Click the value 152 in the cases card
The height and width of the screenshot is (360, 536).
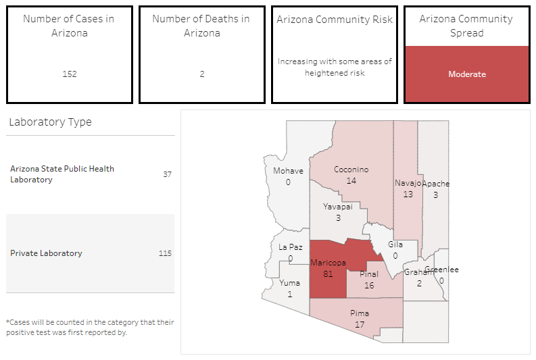point(70,74)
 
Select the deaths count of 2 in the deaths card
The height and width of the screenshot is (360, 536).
point(202,74)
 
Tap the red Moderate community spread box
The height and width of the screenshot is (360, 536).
point(466,74)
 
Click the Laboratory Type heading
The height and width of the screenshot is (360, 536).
point(50,122)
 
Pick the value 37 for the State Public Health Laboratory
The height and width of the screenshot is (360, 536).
point(167,174)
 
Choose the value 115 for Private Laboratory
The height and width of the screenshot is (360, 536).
point(165,253)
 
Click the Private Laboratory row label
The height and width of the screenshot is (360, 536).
point(46,253)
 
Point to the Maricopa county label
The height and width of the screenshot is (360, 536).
point(328,262)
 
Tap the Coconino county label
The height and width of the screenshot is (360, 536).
point(351,170)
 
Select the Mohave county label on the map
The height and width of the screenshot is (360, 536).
point(288,171)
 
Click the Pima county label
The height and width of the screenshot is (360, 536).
point(360,313)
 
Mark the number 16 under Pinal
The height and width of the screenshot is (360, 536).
point(369,285)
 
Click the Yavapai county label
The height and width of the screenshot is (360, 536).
point(337,207)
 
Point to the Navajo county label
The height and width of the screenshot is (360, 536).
point(408,183)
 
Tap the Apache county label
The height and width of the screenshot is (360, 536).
point(436,184)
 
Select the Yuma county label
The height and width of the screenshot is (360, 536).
point(289,283)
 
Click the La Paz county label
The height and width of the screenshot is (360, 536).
point(291,247)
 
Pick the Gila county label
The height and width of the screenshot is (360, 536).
point(395,245)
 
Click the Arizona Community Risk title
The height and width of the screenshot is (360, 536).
point(335,20)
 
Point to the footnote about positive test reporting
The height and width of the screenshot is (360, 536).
point(90,327)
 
